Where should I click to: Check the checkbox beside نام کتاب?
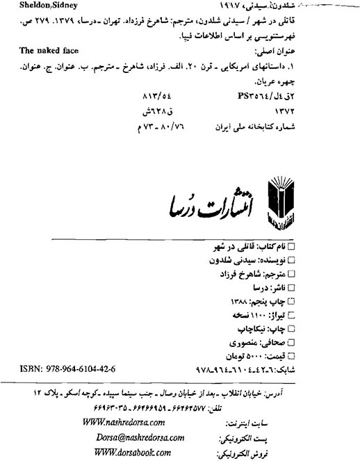[291, 247]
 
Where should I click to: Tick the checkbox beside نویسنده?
[291, 260]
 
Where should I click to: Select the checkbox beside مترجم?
[291, 274]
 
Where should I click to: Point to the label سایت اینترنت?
[247, 423]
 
